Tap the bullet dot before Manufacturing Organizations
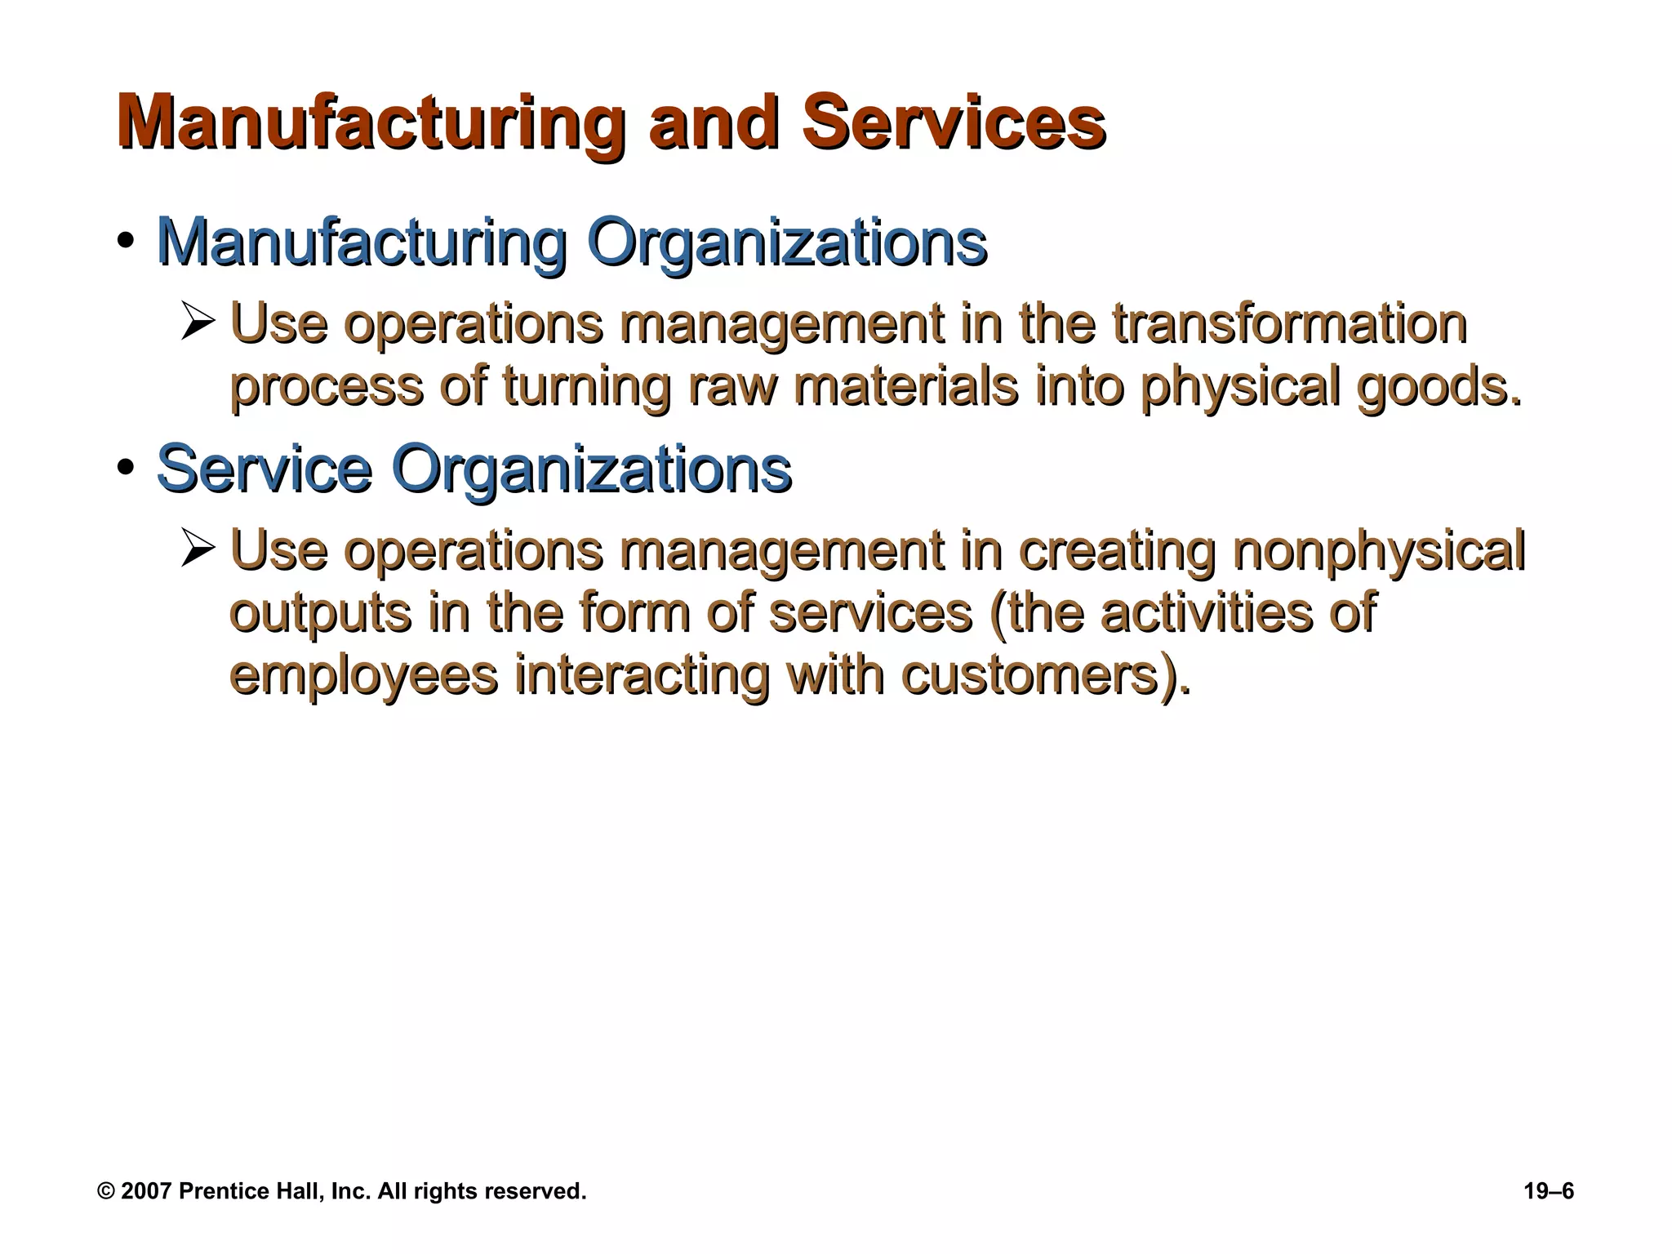pos(125,242)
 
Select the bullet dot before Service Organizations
pos(125,468)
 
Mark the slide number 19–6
pos(1549,1191)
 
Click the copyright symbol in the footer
pos(105,1191)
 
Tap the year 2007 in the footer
pos(146,1191)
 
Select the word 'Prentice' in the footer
pos(220,1191)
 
